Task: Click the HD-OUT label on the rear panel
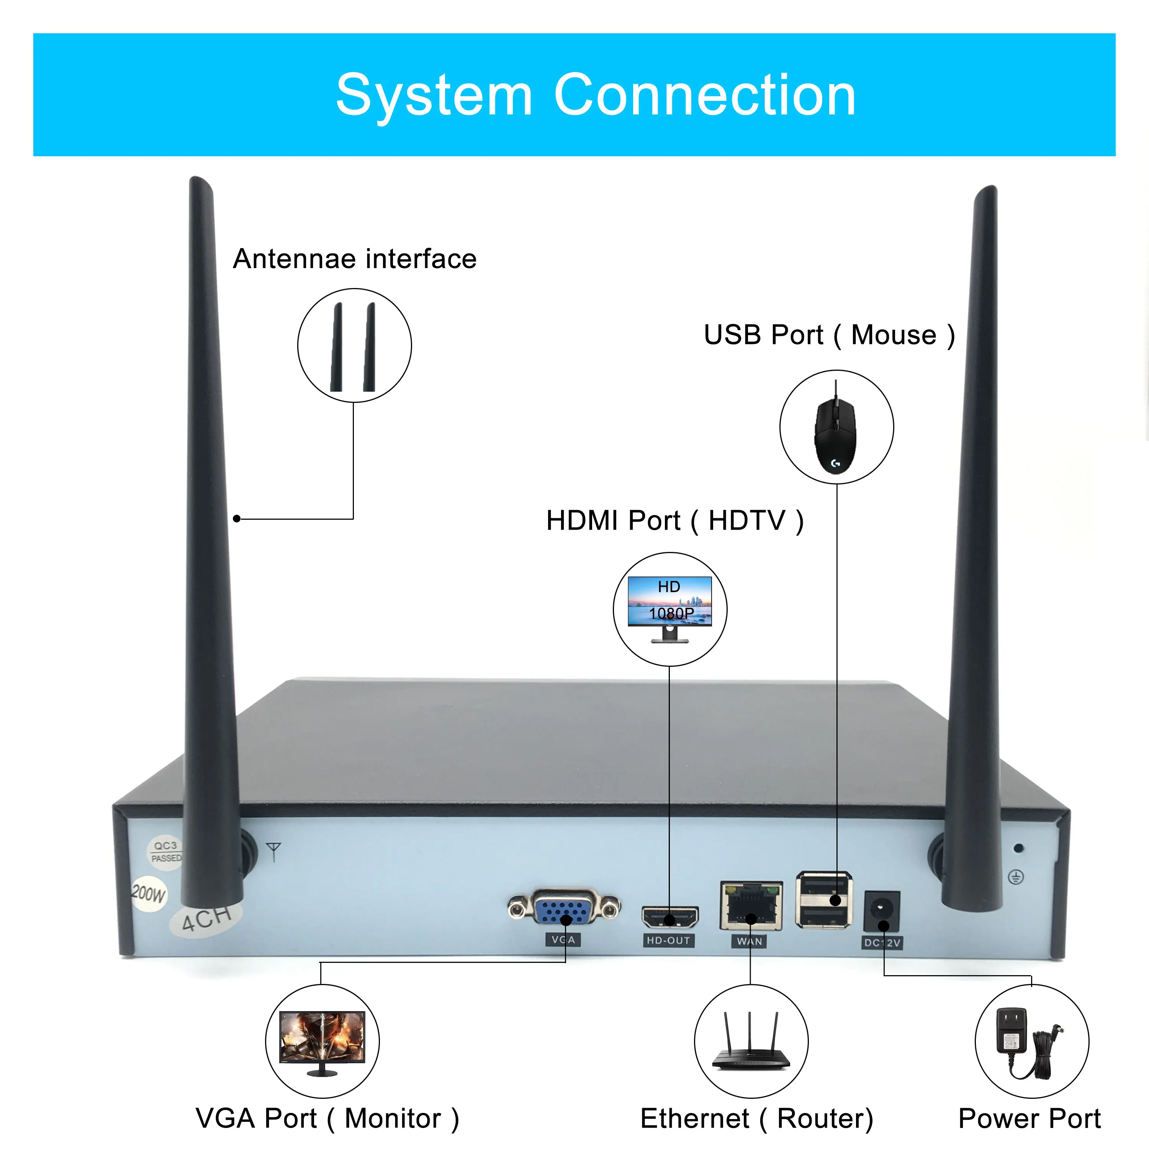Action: click(x=668, y=940)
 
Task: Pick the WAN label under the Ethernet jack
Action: click(x=750, y=941)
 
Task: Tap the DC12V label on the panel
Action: click(x=882, y=943)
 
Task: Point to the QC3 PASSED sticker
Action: click(x=165, y=852)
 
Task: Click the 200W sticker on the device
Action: click(x=148, y=894)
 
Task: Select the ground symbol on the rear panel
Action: click(x=1016, y=877)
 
